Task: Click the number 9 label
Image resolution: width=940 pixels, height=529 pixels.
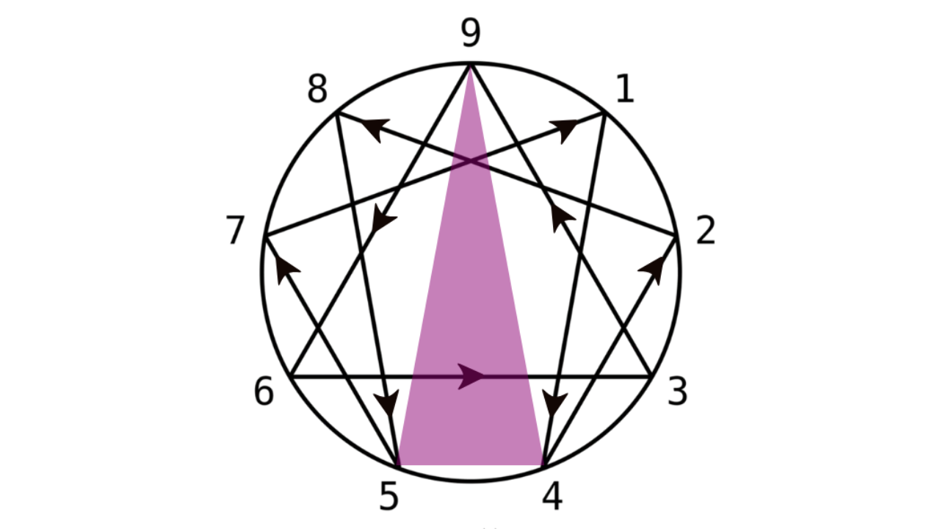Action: tap(471, 34)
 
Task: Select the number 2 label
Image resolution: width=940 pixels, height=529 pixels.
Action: tap(705, 232)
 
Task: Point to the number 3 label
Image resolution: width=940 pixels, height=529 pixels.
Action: tap(676, 392)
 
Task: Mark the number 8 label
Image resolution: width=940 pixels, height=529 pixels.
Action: tap(317, 90)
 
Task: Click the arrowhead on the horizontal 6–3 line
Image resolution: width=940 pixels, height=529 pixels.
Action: tap(471, 376)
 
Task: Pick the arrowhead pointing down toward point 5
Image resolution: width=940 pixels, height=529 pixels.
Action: tap(388, 403)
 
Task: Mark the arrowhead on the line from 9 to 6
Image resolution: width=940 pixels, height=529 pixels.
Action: tap(383, 219)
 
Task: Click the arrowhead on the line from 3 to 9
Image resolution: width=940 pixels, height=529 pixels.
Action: tap(562, 218)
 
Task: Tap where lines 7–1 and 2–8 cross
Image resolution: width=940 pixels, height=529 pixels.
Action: tap(471, 161)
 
